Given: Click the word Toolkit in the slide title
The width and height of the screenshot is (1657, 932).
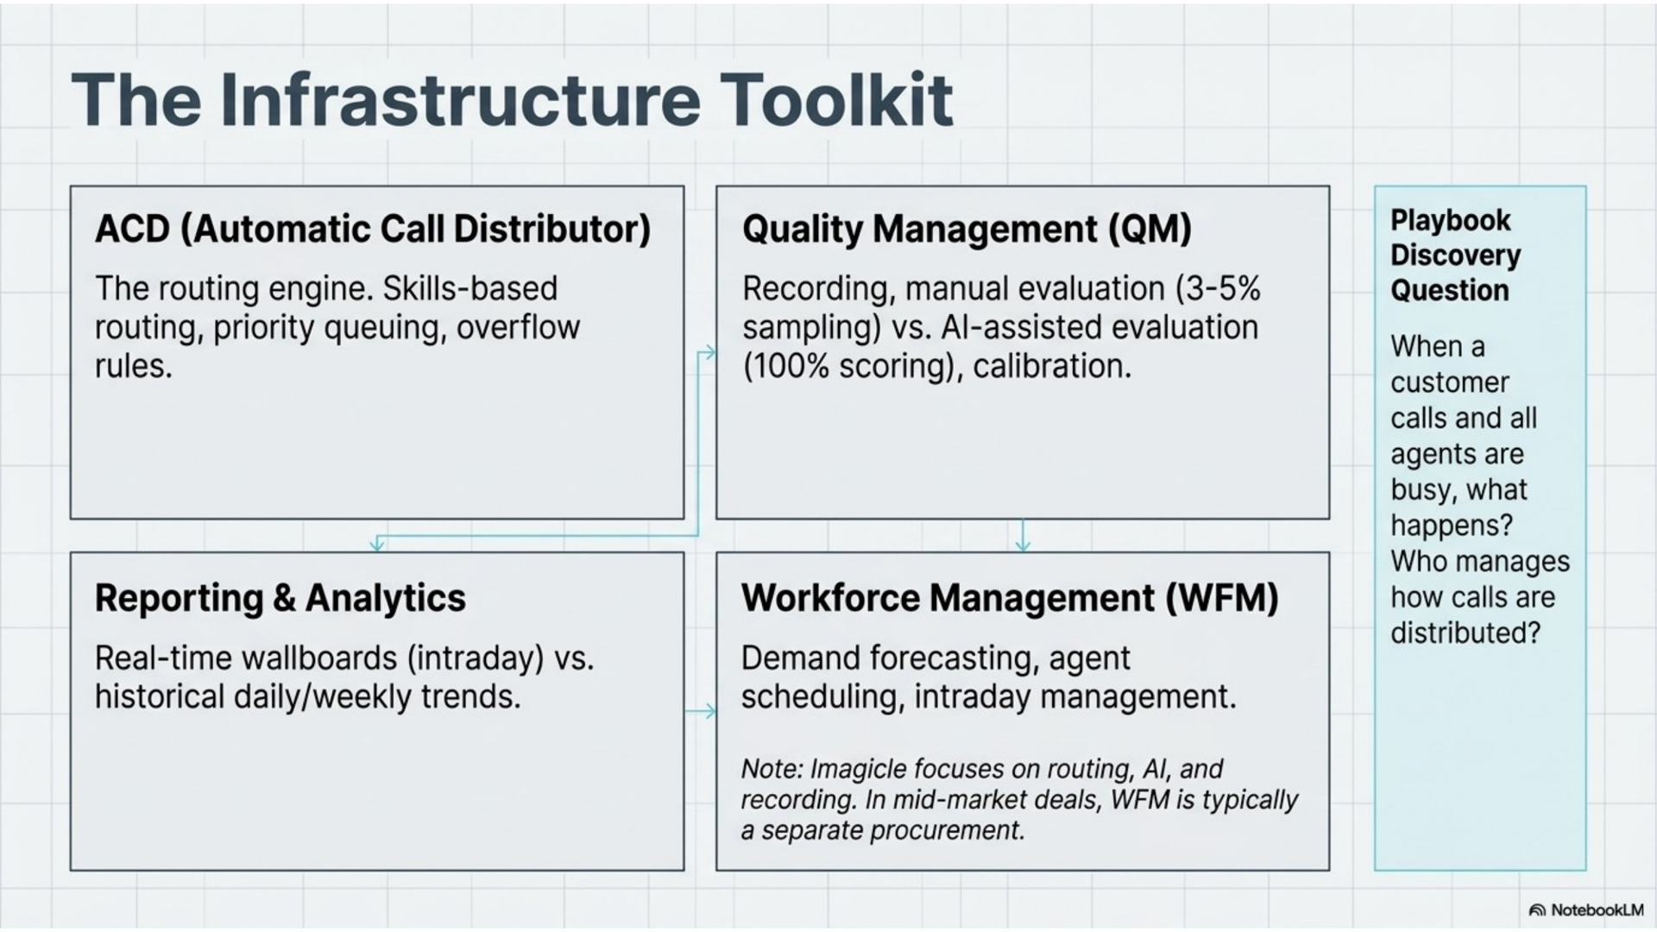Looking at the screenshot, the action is (835, 100).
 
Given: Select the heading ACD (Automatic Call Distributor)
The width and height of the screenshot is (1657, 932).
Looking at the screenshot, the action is (373, 230).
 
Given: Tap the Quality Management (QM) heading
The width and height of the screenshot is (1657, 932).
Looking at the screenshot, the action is (967, 230).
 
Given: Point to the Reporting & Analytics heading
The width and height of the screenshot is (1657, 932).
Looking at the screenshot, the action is (280, 598).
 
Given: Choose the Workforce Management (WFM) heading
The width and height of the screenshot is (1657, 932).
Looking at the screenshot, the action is (1010, 598).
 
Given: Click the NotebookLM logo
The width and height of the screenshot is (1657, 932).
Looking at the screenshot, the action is (1586, 910).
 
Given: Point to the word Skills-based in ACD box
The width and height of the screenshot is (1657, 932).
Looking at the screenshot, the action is (470, 288).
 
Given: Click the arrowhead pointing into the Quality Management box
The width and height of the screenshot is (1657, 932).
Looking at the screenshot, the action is (709, 352).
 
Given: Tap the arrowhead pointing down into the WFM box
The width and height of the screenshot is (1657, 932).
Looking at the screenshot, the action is (1023, 545).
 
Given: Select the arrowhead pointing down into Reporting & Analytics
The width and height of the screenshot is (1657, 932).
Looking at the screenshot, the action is (377, 545).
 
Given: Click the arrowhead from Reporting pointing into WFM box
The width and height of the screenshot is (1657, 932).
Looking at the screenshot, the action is (709, 711).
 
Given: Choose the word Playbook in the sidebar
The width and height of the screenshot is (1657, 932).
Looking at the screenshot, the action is (1451, 221).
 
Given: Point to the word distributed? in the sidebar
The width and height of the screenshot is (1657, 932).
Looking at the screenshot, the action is (1465, 633).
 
